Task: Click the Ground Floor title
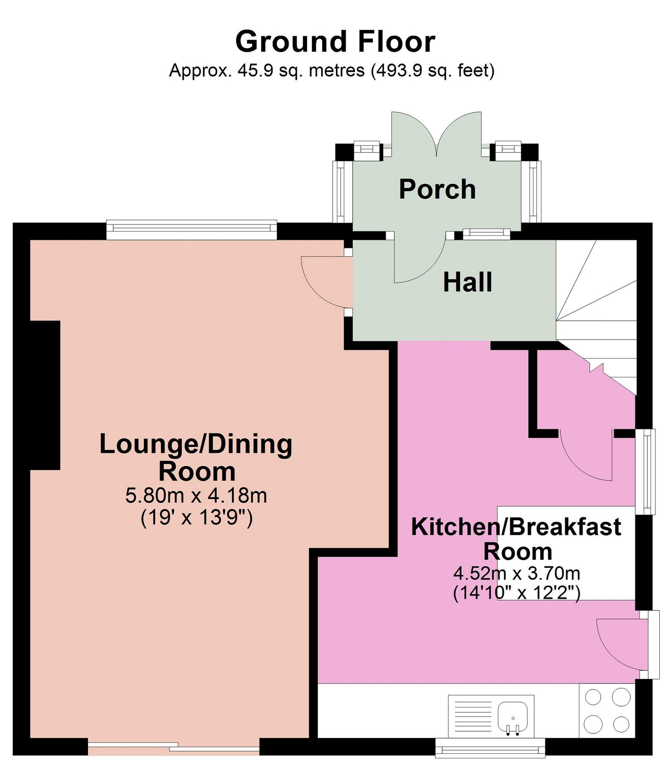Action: point(335,41)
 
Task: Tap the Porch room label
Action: point(437,189)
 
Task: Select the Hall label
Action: point(468,282)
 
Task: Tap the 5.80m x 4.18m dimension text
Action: point(196,496)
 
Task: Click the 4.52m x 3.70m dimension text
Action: point(517,573)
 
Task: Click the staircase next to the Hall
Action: point(597,316)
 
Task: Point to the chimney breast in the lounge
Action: point(45,395)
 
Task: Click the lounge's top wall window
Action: point(192,229)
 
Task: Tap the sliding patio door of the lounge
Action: point(174,747)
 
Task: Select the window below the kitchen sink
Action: point(490,748)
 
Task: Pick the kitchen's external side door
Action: point(628,645)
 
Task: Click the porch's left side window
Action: point(339,192)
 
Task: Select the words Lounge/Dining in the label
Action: point(196,444)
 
